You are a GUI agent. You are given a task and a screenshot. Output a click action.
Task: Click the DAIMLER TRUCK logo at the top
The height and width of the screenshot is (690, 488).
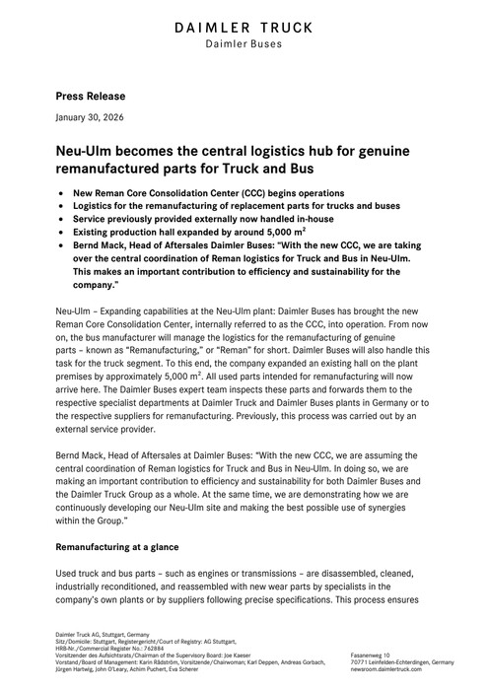244,27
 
